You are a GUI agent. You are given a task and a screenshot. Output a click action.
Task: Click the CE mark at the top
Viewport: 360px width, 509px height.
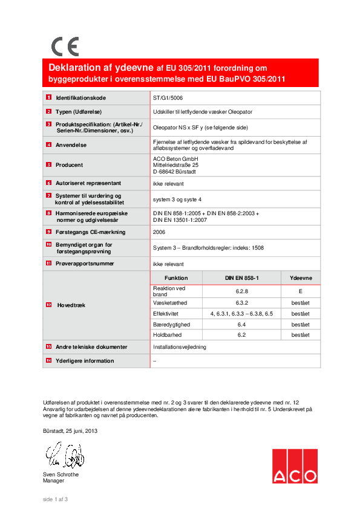(x=65, y=47)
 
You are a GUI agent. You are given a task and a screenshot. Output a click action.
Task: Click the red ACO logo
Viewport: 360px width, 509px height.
(x=294, y=466)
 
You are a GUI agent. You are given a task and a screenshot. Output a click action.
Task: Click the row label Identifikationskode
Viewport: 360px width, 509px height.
(x=81, y=97)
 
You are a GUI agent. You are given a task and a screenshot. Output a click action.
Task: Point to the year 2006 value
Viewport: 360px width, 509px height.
(x=159, y=232)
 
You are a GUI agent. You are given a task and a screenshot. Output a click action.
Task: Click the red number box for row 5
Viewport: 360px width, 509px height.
(x=48, y=164)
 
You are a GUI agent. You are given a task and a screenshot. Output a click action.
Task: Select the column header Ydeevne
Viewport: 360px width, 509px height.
(x=301, y=277)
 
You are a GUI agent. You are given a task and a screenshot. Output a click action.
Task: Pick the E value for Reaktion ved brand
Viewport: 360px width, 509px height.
(x=301, y=291)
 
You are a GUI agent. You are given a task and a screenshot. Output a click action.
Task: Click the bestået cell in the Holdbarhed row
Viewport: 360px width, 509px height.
(x=301, y=334)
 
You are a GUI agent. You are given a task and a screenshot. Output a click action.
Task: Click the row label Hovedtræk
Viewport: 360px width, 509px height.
(x=71, y=305)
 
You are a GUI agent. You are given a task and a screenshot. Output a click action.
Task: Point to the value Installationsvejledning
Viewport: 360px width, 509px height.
(x=180, y=348)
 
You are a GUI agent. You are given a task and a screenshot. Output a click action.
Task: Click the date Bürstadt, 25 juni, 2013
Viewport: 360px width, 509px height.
(x=70, y=431)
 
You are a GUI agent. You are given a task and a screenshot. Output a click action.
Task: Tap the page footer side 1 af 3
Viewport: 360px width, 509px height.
(x=55, y=499)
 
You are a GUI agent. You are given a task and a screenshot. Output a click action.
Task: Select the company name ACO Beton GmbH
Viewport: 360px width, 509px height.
(x=174, y=158)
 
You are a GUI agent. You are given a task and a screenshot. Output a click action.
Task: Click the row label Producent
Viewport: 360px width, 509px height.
(x=70, y=164)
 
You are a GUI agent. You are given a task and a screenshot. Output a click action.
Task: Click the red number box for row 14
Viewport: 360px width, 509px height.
(x=48, y=361)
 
